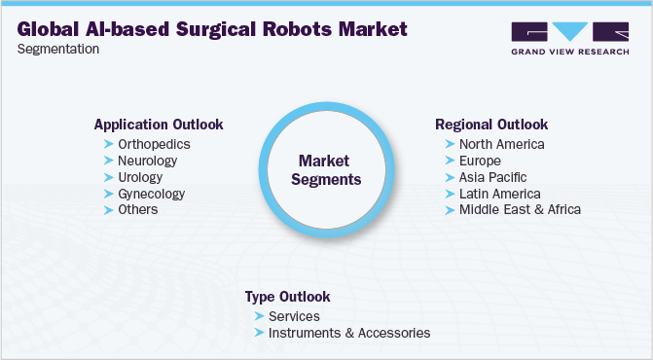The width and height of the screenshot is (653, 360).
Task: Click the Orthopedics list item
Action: click(154, 144)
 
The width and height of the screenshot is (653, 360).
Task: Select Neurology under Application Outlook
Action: click(147, 161)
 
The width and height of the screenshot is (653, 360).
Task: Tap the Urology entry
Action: click(140, 177)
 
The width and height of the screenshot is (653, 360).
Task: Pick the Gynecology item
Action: click(152, 194)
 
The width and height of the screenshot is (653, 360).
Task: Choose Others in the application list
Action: click(138, 209)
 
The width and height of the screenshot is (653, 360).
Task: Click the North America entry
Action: click(502, 144)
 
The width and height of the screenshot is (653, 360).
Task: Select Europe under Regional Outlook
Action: click(480, 162)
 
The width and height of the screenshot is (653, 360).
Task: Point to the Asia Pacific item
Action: click(493, 177)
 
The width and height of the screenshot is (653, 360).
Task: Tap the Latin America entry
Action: click(500, 194)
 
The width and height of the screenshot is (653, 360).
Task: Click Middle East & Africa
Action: click(520, 209)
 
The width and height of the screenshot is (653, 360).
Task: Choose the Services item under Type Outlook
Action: click(295, 317)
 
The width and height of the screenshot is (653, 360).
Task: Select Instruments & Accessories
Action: click(349, 333)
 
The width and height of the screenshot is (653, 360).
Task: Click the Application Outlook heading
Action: click(159, 125)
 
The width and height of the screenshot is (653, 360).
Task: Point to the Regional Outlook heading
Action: click(491, 125)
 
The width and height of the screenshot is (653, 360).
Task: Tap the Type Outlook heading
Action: click(288, 297)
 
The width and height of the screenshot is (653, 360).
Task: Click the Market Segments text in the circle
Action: click(326, 170)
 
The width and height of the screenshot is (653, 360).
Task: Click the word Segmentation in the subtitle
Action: click(58, 49)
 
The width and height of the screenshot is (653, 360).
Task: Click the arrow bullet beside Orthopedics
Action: click(109, 144)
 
